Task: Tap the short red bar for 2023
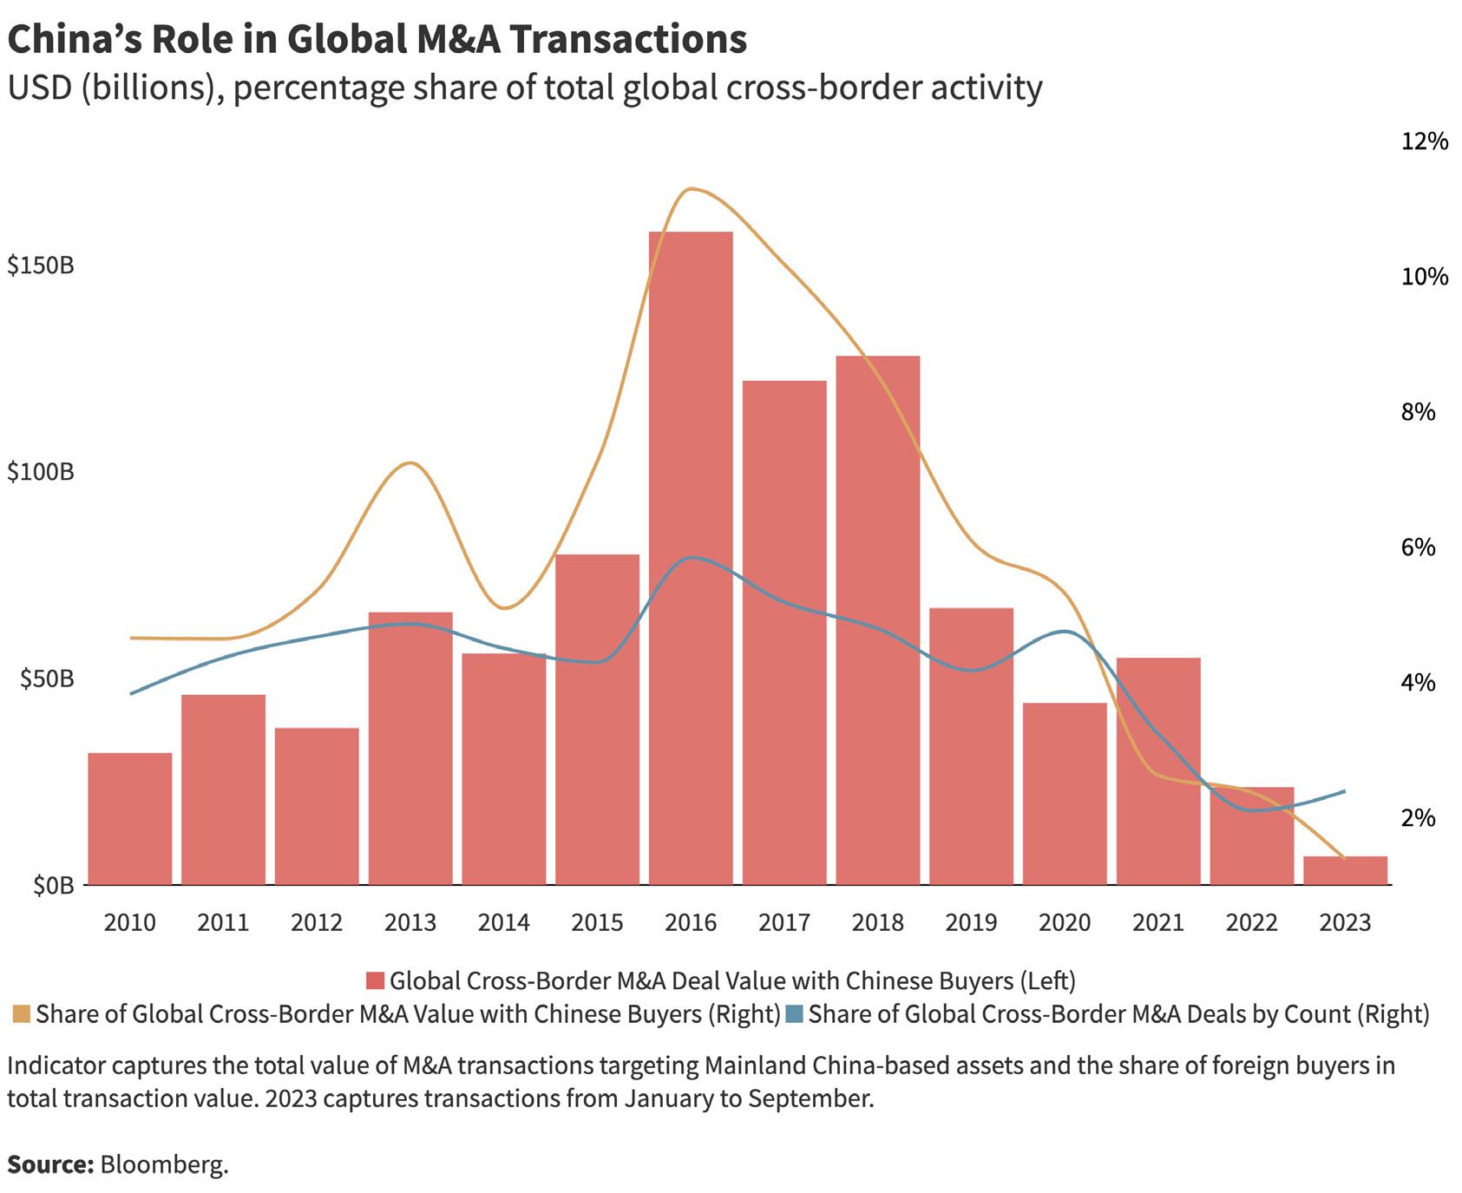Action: (1345, 870)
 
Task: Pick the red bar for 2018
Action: (878, 620)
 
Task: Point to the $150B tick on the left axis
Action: (41, 265)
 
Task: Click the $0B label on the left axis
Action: (54, 885)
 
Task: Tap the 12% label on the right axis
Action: (1424, 141)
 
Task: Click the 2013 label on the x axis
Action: (410, 921)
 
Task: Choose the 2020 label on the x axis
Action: (1065, 921)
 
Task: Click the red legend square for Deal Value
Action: (375, 981)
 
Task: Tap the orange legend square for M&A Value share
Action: (22, 1014)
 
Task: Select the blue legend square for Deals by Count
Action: (794, 1014)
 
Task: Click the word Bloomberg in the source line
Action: (164, 1164)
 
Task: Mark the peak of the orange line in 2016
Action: (690, 188)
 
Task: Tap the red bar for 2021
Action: (1158, 770)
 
